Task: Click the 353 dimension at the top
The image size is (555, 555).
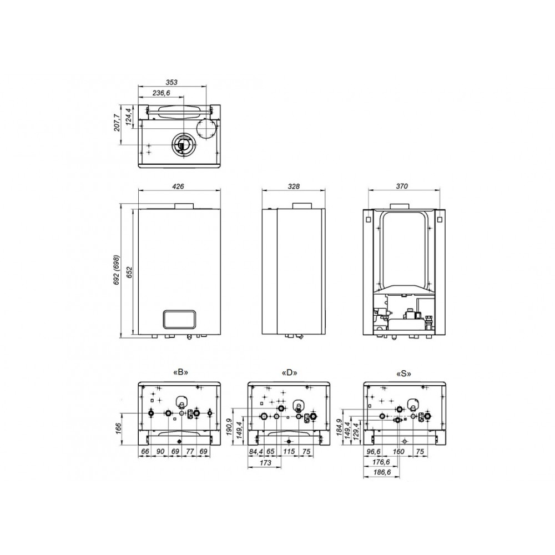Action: (171, 82)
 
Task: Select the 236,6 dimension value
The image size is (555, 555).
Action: (161, 93)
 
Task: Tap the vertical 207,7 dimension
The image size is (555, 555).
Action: (117, 123)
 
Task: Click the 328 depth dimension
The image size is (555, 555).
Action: (294, 186)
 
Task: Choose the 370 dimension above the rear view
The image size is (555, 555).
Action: (402, 186)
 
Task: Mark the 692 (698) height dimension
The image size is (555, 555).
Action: (117, 270)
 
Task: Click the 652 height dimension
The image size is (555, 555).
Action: (129, 272)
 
